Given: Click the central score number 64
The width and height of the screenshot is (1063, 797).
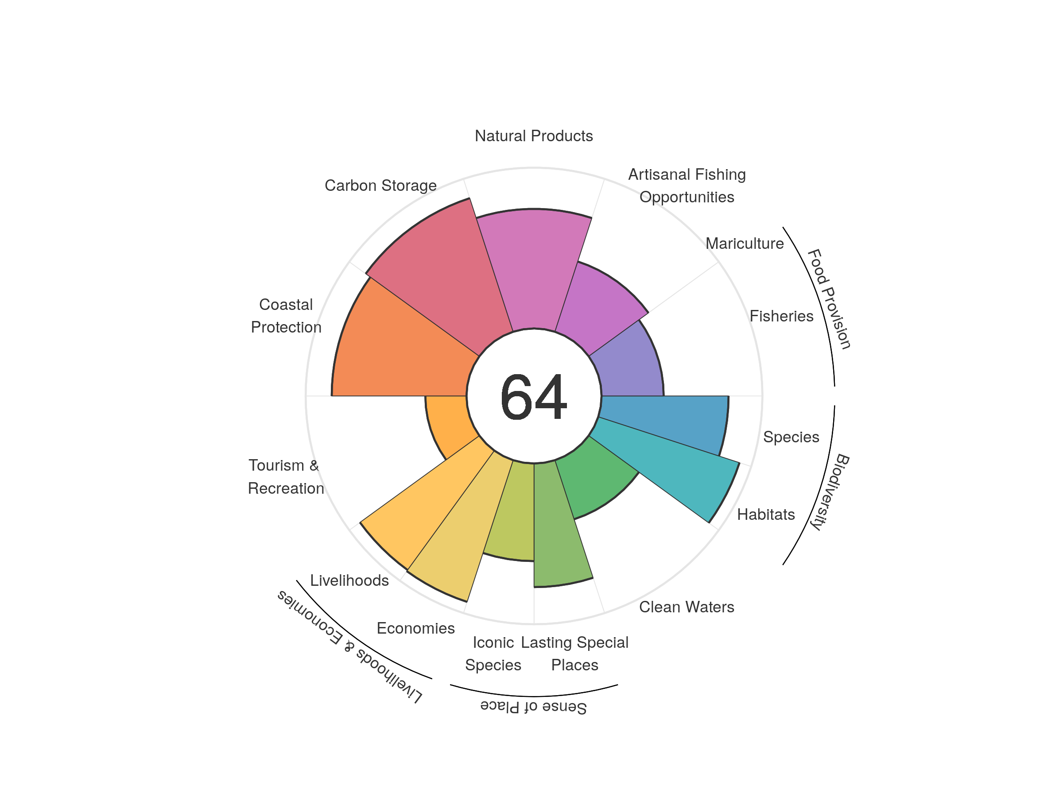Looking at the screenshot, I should [533, 397].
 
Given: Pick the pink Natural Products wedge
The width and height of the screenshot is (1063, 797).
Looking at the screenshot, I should [533, 269].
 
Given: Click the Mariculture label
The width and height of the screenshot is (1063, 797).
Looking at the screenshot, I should [745, 244].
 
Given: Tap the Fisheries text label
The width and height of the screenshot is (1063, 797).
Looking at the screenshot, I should [781, 316].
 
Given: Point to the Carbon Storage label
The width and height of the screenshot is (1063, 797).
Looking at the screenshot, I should [380, 186].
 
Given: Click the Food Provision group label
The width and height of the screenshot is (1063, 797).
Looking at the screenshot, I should [829, 299].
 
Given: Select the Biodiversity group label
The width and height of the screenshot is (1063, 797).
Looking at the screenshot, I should [830, 492].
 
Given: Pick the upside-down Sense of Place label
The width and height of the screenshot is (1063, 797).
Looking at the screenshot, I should [533, 707].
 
